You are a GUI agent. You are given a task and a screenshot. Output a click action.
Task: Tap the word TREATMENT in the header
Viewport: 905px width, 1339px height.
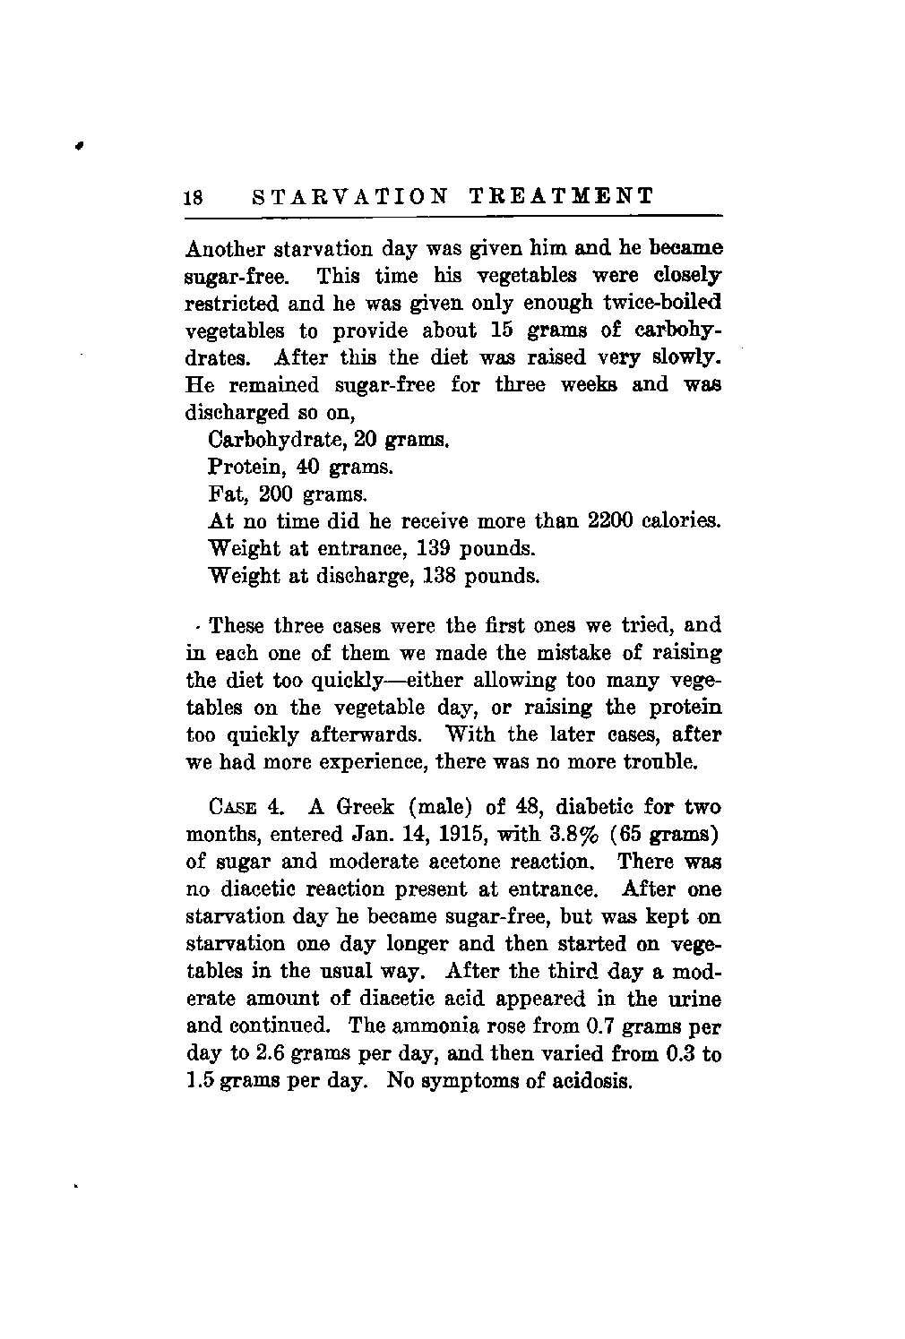tap(562, 197)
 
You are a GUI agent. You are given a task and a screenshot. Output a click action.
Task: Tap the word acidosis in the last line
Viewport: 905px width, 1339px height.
tap(595, 1080)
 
